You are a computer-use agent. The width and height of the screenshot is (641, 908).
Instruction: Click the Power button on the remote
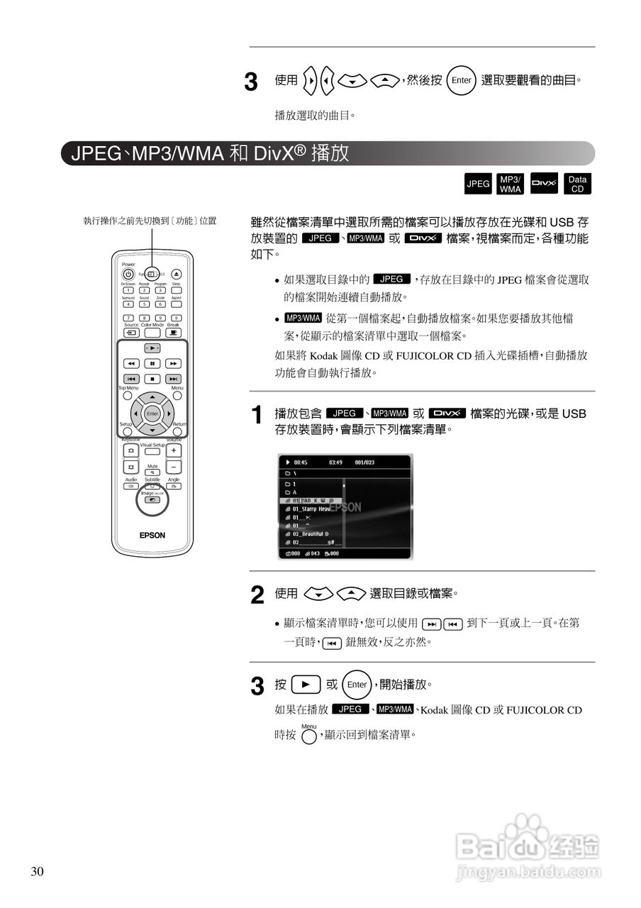point(128,275)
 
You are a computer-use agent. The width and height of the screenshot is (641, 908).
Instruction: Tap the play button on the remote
point(152,348)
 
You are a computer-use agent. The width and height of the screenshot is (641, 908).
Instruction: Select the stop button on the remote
point(152,379)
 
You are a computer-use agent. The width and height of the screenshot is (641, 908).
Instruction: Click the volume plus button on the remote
point(174,450)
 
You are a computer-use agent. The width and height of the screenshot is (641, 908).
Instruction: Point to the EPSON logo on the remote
point(152,536)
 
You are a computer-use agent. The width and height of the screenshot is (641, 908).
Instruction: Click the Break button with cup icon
point(173,332)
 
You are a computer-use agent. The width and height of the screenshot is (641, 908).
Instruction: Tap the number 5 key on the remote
point(144,304)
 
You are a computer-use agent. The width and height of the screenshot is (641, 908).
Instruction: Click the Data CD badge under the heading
point(577,184)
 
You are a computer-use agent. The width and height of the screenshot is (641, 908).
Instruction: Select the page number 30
point(37,872)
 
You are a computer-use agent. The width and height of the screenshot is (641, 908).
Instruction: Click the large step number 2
point(258,595)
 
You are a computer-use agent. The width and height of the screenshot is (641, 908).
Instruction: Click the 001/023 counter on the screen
point(364,462)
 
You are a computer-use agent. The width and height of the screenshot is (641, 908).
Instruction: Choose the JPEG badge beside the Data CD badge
point(478,184)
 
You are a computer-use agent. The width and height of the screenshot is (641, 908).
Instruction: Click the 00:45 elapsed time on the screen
point(300,462)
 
